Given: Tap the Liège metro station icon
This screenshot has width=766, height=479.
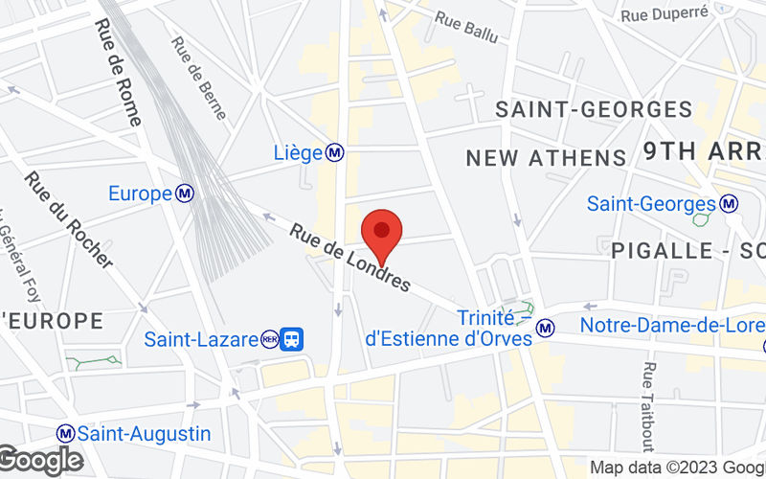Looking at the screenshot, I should (x=335, y=152).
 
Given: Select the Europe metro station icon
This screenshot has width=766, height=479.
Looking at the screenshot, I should (x=186, y=194).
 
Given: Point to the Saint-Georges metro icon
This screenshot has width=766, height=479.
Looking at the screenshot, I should (x=730, y=203).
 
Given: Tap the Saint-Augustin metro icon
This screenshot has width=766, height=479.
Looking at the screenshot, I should (x=65, y=433).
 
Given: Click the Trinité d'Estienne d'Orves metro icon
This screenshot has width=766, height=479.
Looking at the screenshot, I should (x=546, y=328).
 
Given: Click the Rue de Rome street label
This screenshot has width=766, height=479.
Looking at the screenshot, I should (x=118, y=73).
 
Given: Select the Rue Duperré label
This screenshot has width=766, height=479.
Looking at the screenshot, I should (x=664, y=13).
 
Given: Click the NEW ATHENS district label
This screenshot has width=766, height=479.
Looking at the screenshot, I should (x=545, y=157).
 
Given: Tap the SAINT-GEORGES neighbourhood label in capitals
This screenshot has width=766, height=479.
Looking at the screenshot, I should (x=593, y=110).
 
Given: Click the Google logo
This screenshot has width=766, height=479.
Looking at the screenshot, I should (x=40, y=461).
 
